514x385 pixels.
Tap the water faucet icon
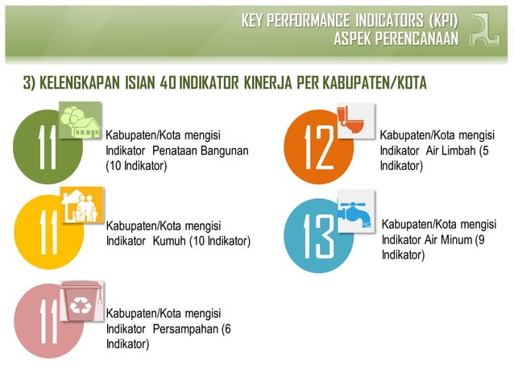[355, 210]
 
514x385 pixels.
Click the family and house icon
[81, 205]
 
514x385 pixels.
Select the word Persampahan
[184, 329]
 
